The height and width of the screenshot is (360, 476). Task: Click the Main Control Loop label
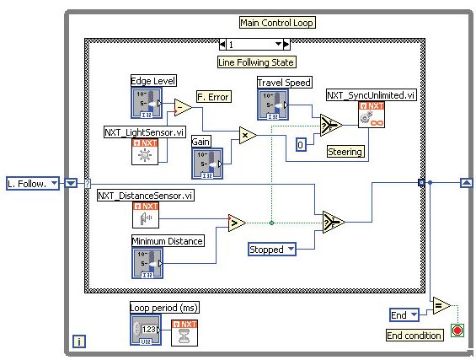[277, 23]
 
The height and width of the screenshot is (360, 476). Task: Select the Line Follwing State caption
[256, 62]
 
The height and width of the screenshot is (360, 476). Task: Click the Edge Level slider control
[147, 103]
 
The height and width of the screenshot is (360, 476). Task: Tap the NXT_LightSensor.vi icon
[145, 152]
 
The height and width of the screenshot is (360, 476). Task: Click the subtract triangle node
[183, 107]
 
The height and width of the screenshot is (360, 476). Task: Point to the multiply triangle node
[248, 135]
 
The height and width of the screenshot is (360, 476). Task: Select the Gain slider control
[207, 164]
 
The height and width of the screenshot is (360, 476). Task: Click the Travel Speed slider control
[273, 105]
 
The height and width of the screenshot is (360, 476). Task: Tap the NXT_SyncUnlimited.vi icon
[372, 115]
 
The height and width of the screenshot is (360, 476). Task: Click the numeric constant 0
[301, 145]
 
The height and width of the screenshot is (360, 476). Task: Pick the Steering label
[345, 152]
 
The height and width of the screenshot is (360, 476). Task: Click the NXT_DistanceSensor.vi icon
[146, 215]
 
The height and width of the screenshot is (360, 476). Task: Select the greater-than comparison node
[237, 223]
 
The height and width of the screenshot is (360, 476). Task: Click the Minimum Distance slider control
[147, 263]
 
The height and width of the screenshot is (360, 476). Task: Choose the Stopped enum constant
[272, 250]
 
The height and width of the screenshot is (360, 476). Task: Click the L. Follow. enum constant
[33, 184]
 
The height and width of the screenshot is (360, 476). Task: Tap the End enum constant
[404, 315]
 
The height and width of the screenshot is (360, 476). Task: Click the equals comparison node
[441, 305]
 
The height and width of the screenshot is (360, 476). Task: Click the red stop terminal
[457, 330]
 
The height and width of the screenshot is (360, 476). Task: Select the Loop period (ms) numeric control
[146, 330]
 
